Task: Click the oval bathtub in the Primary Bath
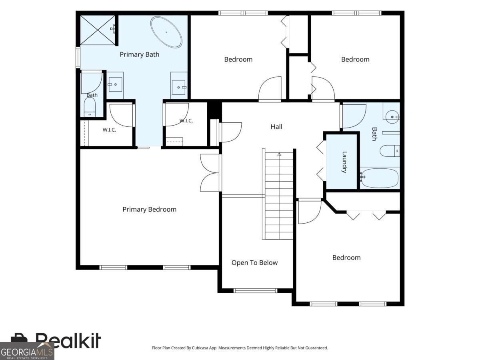click(x=166, y=32)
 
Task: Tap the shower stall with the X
click(x=98, y=30)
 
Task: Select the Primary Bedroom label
click(x=149, y=209)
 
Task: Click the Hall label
click(x=276, y=126)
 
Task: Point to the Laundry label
click(x=344, y=162)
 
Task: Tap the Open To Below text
click(x=254, y=262)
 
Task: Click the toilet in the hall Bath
click(x=390, y=151)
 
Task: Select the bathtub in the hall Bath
click(x=380, y=178)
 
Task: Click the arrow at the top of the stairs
click(x=279, y=154)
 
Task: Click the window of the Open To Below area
click(x=255, y=290)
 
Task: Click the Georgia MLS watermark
click(x=27, y=351)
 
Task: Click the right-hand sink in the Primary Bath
click(x=179, y=87)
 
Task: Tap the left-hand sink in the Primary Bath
click(x=115, y=84)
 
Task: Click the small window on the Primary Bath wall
click(x=78, y=57)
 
